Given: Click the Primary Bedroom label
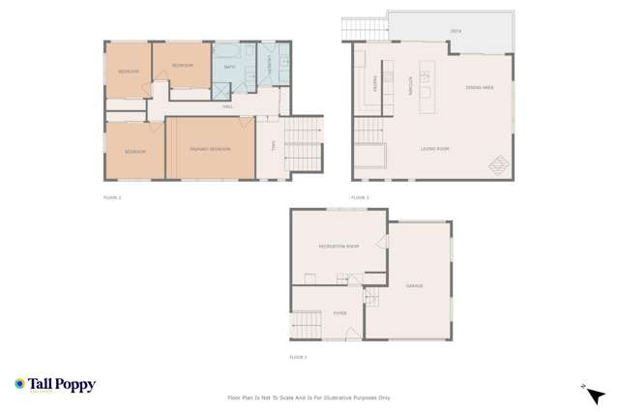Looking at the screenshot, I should point(210,149).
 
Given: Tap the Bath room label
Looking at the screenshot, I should point(229,67).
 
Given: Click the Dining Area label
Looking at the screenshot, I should point(480,88).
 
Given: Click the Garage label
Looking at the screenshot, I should point(414,286).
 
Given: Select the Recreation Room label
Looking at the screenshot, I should point(338,247).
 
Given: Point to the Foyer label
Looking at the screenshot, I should point(340,311).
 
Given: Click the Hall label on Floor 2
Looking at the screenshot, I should point(228,106).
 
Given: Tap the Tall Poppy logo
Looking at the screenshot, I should point(55,385).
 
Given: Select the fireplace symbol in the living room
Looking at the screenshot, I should point(498,165).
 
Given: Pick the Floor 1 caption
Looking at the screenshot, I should point(298,358).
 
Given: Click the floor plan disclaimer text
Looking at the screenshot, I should point(309,397).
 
